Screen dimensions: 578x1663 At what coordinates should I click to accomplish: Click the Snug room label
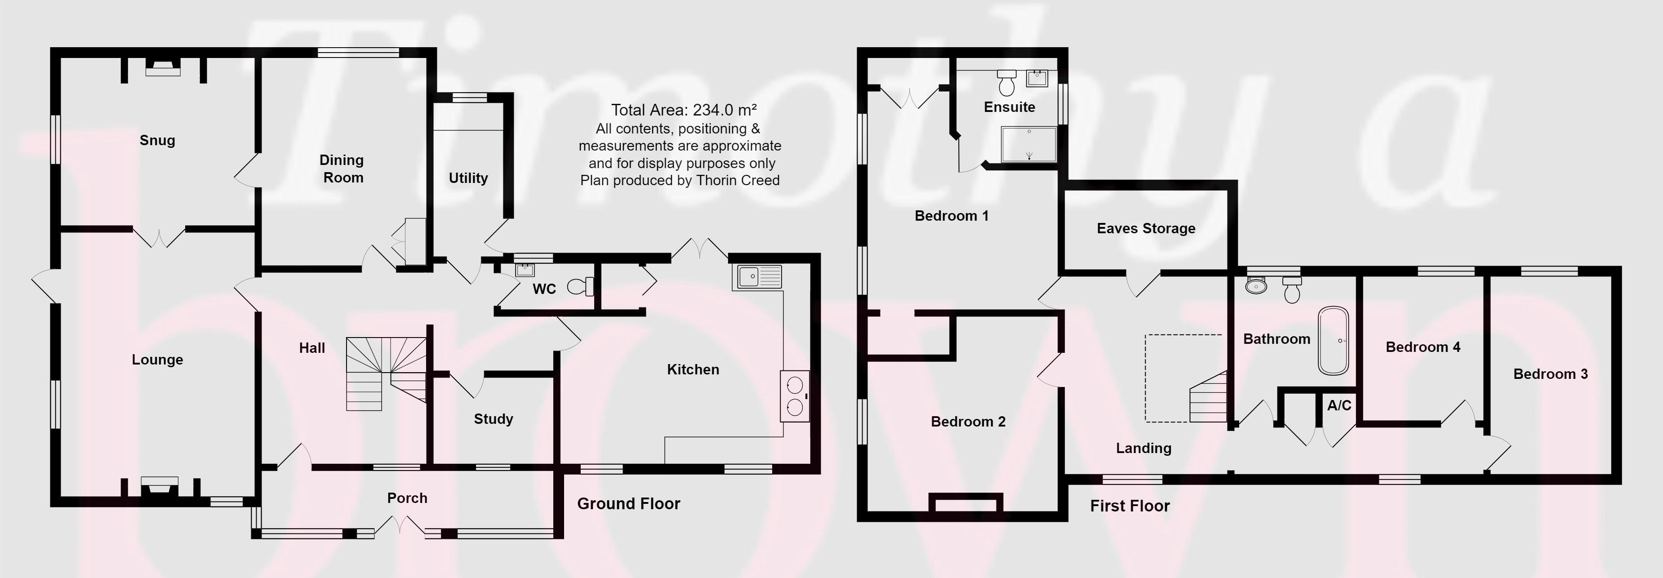pyautogui.click(x=157, y=140)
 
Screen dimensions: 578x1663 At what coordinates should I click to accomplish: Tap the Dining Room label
pyautogui.click(x=342, y=169)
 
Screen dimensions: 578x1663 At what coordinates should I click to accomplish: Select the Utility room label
pyautogui.click(x=468, y=178)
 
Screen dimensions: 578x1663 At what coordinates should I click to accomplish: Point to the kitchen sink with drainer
pyautogui.click(x=756, y=277)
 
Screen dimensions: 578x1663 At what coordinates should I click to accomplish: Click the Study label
pyautogui.click(x=493, y=419)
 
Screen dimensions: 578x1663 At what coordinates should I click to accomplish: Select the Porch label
pyautogui.click(x=407, y=498)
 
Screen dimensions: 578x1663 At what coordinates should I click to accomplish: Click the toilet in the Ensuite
pyautogui.click(x=1006, y=83)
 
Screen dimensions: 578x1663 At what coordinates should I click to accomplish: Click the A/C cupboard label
pyautogui.click(x=1339, y=405)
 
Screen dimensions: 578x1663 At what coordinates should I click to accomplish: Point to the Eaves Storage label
pyautogui.click(x=1146, y=228)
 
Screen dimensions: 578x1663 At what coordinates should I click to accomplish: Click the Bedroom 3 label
pyautogui.click(x=1550, y=374)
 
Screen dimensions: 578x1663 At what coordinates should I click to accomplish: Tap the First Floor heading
pyautogui.click(x=1130, y=506)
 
